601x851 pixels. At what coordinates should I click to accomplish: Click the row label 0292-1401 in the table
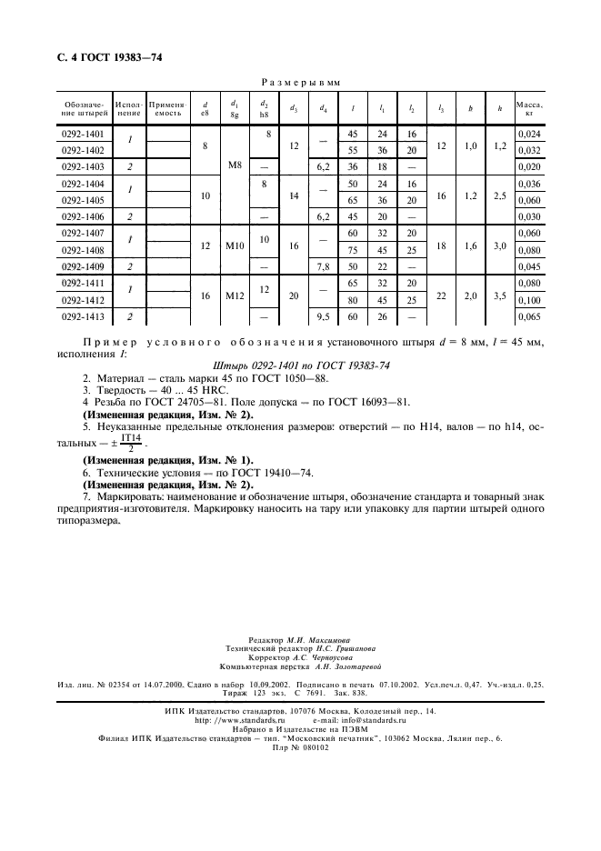point(82,135)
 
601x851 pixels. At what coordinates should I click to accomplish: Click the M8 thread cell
point(235,165)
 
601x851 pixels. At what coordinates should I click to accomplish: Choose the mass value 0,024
point(528,135)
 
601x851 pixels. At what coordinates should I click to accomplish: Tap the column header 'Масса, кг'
point(528,109)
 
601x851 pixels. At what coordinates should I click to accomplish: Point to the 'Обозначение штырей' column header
point(82,109)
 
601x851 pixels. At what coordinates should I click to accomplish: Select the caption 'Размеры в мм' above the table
point(300,82)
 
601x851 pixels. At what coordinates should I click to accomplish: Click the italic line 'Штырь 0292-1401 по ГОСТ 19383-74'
point(300,364)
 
